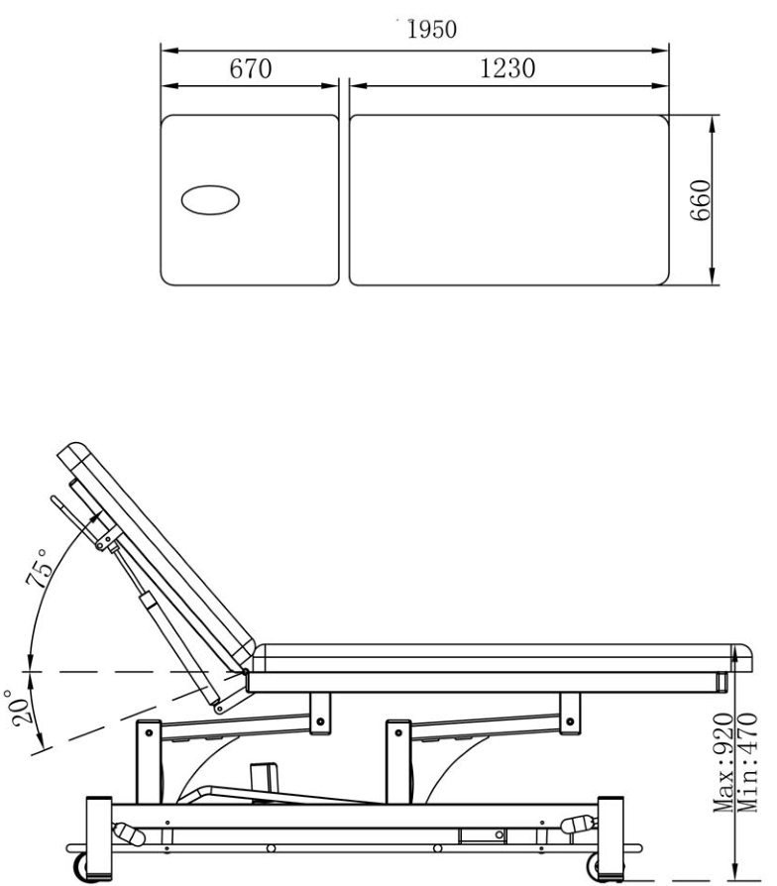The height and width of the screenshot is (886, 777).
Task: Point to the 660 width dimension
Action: pyautogui.click(x=701, y=200)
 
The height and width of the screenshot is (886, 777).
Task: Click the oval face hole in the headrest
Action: pyautogui.click(x=209, y=200)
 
